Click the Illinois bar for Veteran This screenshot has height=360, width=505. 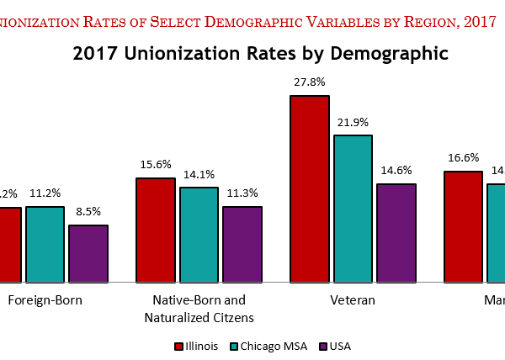point(309,188)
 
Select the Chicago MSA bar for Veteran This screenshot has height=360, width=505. point(352,208)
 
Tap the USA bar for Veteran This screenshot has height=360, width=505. point(395,232)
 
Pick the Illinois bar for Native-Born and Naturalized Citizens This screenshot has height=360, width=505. point(156,230)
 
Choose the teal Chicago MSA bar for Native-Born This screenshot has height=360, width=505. point(199,234)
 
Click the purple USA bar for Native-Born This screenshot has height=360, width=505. point(242,244)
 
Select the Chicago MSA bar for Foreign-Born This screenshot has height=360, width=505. point(45,244)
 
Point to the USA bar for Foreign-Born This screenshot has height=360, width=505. point(88,253)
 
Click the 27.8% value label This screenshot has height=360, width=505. point(309,82)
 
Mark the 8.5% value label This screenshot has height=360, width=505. point(88,212)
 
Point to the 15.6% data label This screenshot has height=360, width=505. point(156,165)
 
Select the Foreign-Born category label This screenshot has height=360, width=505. point(45,300)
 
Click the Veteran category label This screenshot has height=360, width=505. point(352,300)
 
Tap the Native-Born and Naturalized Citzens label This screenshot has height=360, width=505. point(199,309)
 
